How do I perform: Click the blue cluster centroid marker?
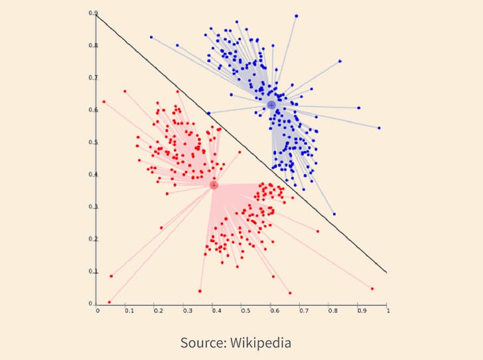271,105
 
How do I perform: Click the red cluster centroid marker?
214,185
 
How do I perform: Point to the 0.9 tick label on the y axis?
94,13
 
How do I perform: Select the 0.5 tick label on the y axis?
94,143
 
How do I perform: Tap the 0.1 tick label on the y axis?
94,272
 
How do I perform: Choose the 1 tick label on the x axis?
387,310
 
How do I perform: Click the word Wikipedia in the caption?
260,343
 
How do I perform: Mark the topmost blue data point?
296,16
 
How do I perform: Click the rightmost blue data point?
379,128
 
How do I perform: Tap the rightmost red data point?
372,288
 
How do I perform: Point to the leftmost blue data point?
151,37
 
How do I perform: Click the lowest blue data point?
334,214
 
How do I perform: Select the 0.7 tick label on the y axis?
94,78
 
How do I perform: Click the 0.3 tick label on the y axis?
94,207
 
